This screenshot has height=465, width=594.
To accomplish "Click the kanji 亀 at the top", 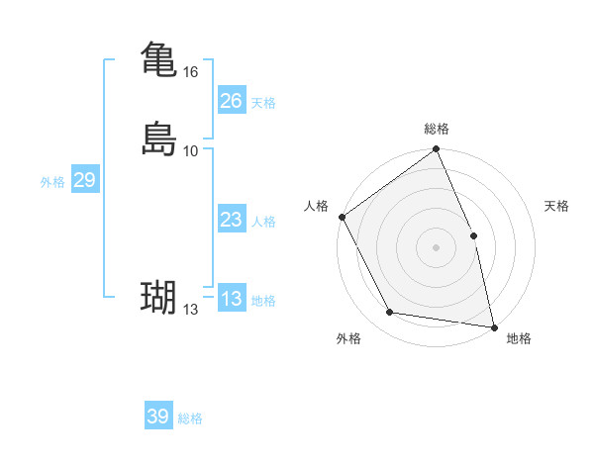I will [158, 59].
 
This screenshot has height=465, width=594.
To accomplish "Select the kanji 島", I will [158, 138].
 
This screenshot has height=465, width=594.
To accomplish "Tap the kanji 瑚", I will [158, 297].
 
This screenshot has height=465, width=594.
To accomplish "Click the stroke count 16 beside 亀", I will [191, 72].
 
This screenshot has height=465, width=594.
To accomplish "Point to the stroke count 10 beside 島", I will [191, 150].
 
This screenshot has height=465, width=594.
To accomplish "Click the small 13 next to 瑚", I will [191, 310].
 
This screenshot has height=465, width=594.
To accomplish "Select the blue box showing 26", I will [231, 101].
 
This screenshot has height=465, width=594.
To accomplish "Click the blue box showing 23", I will [231, 221].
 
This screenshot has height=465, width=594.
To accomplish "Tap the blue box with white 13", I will [231, 300].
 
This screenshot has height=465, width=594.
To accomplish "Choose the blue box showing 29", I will [84, 180].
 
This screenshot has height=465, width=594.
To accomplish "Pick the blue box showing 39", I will [157, 417].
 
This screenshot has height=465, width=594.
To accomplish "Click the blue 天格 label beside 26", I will [263, 103].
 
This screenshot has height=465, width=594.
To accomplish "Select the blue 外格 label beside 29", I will [52, 182].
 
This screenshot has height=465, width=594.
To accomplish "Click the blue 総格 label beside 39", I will [190, 418].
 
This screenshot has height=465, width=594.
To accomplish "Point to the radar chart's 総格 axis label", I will [437, 129].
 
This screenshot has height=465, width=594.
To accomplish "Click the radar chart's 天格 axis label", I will [557, 206].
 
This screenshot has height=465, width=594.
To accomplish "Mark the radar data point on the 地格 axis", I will [494, 326].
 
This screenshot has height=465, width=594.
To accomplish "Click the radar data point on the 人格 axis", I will [342, 217].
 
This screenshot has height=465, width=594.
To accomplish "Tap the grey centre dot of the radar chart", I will [436, 247].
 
